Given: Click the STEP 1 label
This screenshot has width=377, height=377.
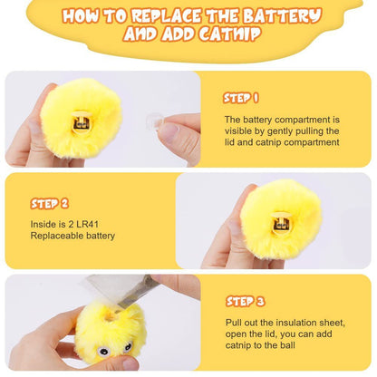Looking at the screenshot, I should [x=241, y=98].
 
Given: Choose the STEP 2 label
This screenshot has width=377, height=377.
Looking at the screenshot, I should [x=50, y=203].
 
